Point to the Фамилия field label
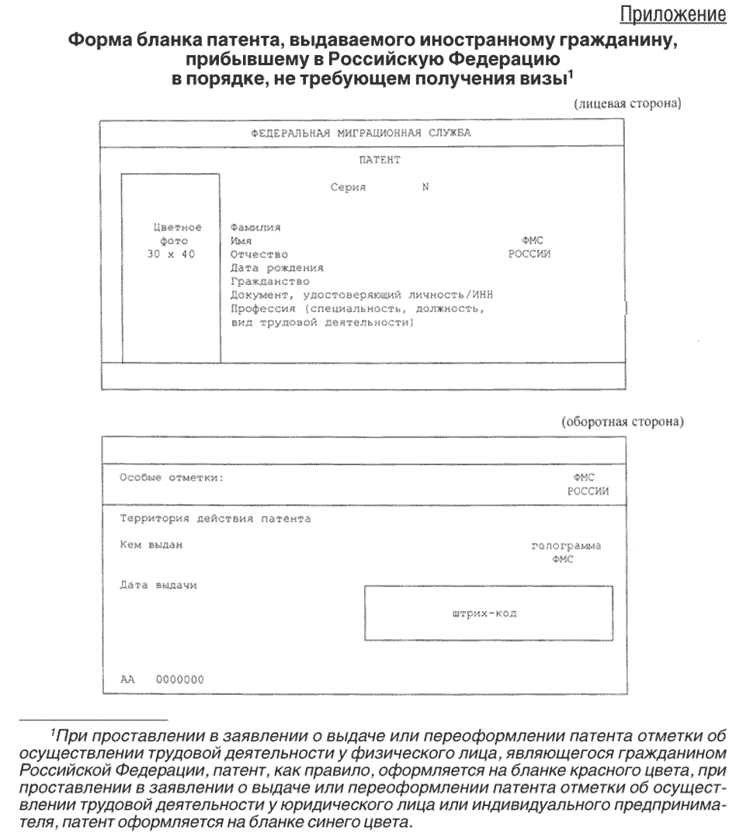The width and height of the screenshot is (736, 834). click(x=255, y=228)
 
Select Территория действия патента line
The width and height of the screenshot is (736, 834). click(x=215, y=519)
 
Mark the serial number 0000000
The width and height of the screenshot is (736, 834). click(x=180, y=679)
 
